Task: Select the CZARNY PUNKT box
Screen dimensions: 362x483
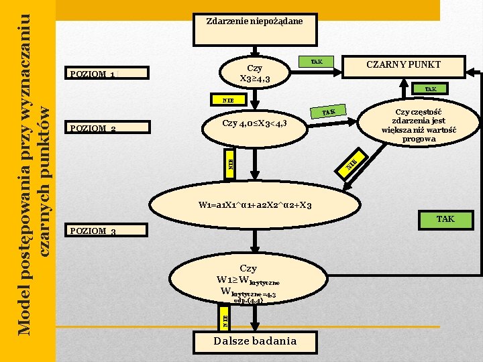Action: click(x=403, y=64)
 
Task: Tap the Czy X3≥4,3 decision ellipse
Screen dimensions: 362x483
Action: click(x=255, y=73)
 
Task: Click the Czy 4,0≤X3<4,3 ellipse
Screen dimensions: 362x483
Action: click(x=255, y=123)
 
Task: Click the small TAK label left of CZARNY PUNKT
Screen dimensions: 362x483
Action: click(x=316, y=62)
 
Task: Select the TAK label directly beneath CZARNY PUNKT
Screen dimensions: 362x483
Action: click(x=430, y=88)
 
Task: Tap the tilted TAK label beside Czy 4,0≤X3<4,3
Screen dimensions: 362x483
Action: click(x=329, y=111)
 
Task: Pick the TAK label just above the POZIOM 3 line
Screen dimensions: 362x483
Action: click(x=445, y=219)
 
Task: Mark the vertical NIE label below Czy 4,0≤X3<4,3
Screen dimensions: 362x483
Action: click(x=229, y=164)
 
